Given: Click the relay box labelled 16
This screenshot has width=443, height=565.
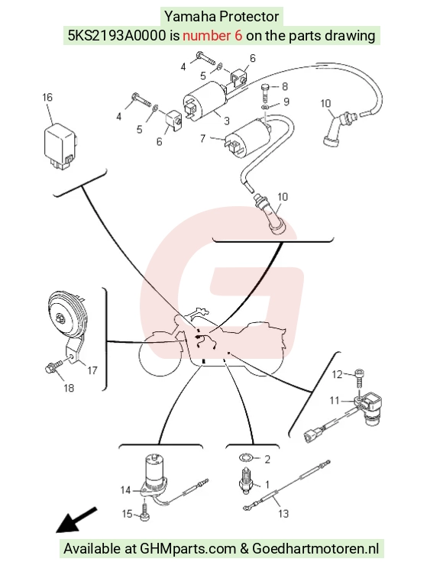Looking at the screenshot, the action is coord(60,147).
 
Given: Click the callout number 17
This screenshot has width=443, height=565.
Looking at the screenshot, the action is coord(92,370).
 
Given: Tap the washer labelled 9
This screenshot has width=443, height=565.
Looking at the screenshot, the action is coord(265,108).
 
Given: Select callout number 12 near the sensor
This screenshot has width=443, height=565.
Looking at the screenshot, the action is coord(336,375).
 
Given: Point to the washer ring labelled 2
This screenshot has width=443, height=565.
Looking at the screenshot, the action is coord(244,457).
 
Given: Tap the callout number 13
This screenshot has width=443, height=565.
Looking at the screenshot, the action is coord(283,514).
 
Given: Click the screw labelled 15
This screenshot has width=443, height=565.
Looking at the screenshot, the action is coord(144,511).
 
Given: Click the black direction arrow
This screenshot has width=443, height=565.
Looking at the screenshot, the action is coord(76,520).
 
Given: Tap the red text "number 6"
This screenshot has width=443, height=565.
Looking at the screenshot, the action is coord(212,35).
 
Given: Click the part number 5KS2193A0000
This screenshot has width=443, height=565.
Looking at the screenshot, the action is coord(118,35).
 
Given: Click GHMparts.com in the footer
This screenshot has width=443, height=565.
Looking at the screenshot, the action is coord(187,549).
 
